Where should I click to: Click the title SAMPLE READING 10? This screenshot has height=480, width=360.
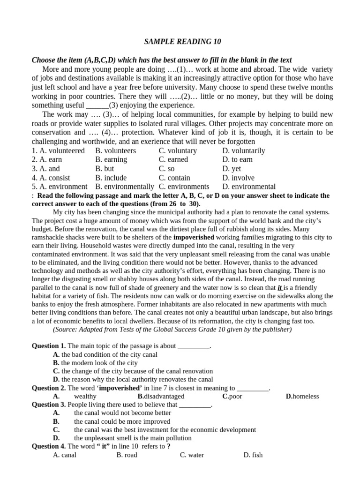tap(182, 42)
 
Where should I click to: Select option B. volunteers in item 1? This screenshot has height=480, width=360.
tap(115, 150)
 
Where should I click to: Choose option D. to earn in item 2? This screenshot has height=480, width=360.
tap(237, 159)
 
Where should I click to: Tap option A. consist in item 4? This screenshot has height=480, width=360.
tap(51, 178)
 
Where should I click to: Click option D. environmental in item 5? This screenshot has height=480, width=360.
tap(249, 187)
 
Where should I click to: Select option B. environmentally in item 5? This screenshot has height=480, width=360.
tap(124, 187)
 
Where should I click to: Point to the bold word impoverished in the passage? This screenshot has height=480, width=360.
tap(194, 238)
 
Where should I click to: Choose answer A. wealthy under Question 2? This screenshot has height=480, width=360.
tap(75, 396)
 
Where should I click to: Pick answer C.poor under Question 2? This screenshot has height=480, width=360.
tap(232, 396)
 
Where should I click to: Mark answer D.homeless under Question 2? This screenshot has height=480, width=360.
tap(302, 396)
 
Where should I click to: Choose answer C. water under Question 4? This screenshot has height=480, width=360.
tap(192, 455)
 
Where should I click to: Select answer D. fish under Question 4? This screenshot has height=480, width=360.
tap(253, 455)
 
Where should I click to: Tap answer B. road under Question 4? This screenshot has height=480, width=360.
tap(127, 455)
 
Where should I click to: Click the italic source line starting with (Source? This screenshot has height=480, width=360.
tap(172, 330)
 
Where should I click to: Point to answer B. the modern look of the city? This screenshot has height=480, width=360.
tap(95, 362)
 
